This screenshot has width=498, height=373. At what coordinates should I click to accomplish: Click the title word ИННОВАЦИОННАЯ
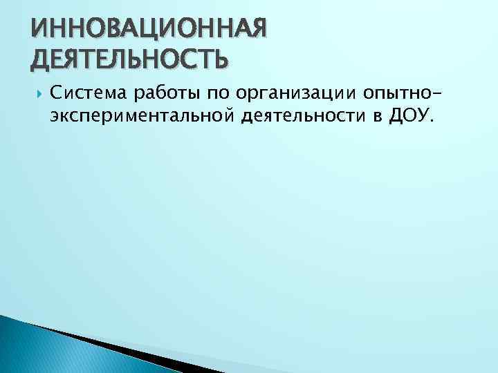tap(147, 29)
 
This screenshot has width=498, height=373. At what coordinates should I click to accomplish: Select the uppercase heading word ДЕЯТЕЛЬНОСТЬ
tap(129, 59)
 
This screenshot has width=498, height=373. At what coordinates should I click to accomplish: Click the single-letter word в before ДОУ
tap(378, 117)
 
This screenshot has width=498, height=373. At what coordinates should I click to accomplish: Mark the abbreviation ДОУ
tap(409, 115)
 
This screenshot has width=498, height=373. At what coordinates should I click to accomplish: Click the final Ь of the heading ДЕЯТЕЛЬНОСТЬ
tap(217, 59)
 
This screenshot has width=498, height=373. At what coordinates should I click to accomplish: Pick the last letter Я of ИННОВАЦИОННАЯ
tap(255, 29)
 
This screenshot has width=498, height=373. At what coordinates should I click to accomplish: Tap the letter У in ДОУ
tap(421, 115)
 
